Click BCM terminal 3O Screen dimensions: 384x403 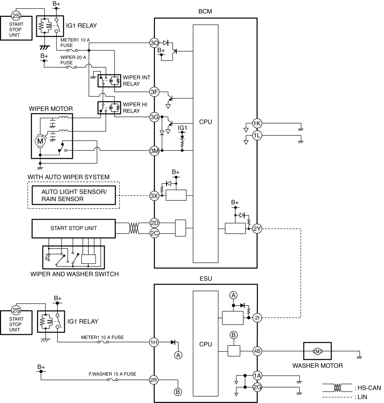pos(154,43)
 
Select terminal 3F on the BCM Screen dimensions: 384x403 pos(154,92)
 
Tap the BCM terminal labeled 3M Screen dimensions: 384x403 pos(154,151)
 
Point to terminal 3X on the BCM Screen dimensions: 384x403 pos(154,196)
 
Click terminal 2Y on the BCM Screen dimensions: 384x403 pos(257,229)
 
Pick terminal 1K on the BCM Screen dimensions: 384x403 pos(257,123)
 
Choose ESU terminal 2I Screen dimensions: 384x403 pos(257,318)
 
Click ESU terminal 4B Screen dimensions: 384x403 pos(257,351)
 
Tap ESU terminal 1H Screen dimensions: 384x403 pos(154,342)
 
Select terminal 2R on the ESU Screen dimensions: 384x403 pos(154,380)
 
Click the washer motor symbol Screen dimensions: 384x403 pos(317,351)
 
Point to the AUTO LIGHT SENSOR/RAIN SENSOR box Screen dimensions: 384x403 pos(74,195)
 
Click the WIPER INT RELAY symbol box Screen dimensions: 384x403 pos(109,81)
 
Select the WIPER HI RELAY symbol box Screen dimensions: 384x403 pos(109,108)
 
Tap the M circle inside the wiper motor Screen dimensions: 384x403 pos(40,141)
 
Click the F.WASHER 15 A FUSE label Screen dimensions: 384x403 pos(112,374)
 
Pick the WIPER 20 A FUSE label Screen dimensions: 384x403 pos(73,60)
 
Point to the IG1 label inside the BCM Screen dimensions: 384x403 pos(182,128)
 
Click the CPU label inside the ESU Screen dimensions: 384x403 pos(206,344)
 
